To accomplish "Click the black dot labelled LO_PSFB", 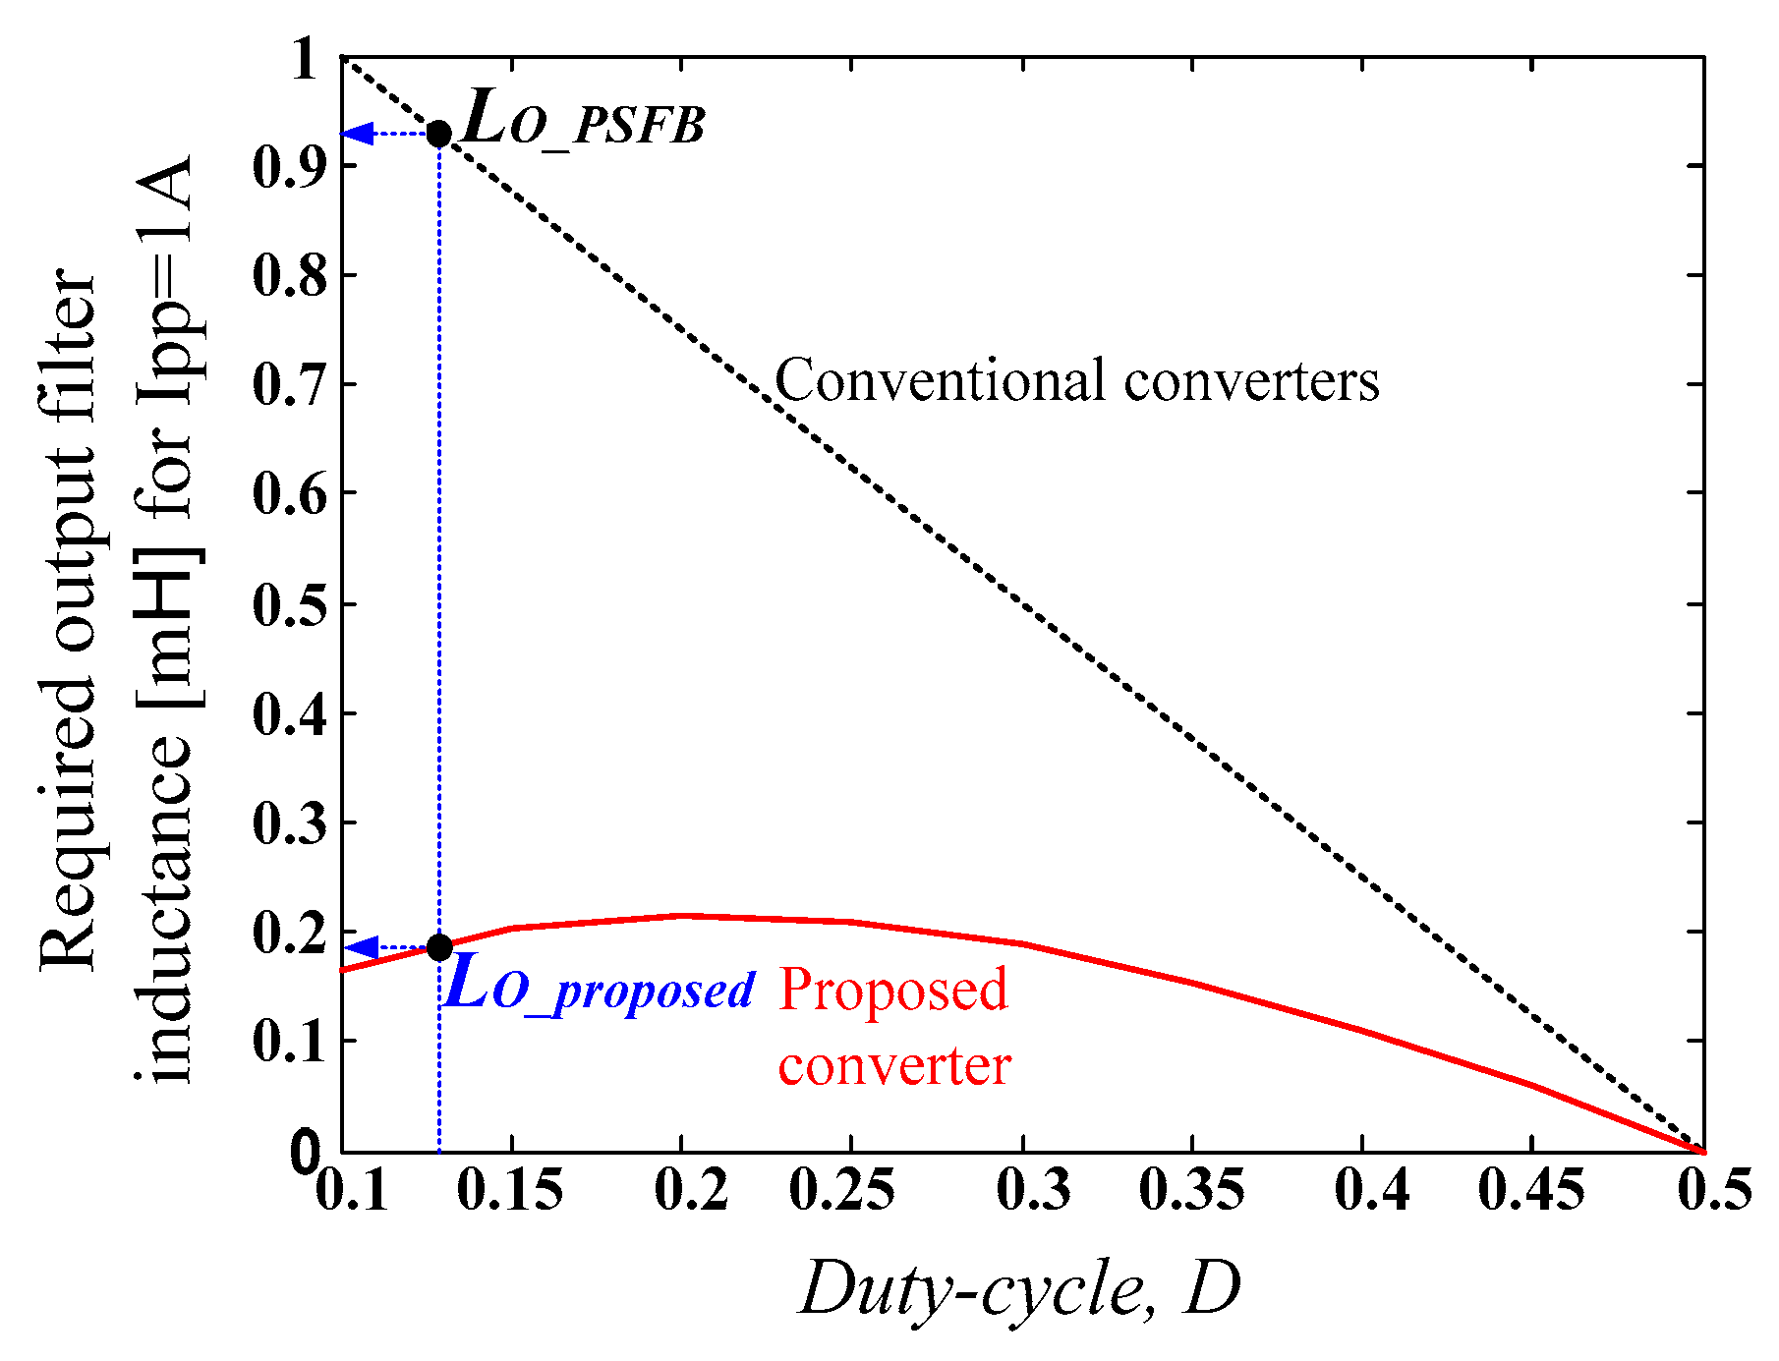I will pyautogui.click(x=439, y=134).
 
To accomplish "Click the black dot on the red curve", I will pyautogui.click(x=439, y=947).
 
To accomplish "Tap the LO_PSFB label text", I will pyautogui.click(x=583, y=122).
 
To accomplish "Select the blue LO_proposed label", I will pyautogui.click(x=599, y=988).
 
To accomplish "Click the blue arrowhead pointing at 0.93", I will pyautogui.click(x=357, y=133).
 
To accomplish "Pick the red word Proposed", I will pyautogui.click(x=892, y=989).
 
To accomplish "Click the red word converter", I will pyautogui.click(x=894, y=1065).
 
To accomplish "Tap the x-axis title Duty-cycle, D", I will pyautogui.click(x=1020, y=1289).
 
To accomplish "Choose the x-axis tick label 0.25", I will pyautogui.click(x=842, y=1190).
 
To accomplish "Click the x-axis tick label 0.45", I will pyautogui.click(x=1531, y=1190).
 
